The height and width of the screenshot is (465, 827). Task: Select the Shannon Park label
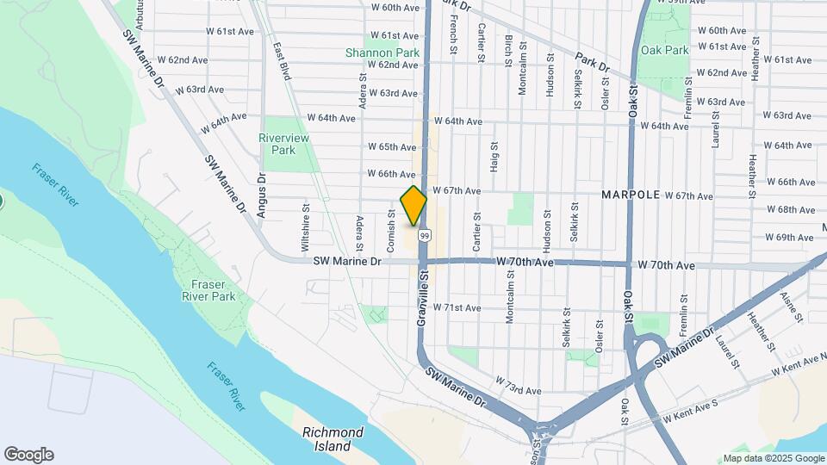[x=382, y=53]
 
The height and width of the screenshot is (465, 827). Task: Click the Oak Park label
[x=664, y=50]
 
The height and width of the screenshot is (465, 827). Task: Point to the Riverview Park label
[x=283, y=144]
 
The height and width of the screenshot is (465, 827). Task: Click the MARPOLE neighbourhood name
[x=631, y=195]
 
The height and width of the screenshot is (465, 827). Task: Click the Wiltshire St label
[x=306, y=226]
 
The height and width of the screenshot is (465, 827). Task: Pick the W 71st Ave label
[x=457, y=307]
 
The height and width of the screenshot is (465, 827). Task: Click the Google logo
[x=28, y=455]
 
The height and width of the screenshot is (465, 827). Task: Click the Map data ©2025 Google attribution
[x=773, y=458]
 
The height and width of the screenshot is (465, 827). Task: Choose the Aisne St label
[x=787, y=305]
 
